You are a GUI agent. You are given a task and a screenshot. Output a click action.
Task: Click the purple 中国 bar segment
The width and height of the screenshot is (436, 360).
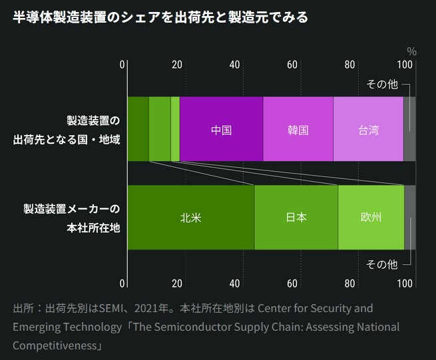tap(221, 129)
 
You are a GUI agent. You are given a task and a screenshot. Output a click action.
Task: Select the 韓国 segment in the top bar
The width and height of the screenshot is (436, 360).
tap(298, 129)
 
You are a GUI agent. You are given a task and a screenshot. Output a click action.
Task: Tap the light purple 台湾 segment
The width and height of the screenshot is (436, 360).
tap(368, 129)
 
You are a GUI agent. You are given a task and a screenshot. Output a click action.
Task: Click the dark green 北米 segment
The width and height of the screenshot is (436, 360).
tap(190, 218)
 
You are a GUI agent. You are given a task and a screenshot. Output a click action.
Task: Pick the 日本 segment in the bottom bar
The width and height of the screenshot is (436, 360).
tap(296, 218)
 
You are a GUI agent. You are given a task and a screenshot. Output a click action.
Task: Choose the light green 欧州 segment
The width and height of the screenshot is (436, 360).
tap(371, 218)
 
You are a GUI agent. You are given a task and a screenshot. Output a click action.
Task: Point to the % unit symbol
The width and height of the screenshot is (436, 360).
tap(411, 51)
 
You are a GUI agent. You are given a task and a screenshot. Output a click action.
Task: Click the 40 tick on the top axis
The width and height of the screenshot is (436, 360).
tap(234, 65)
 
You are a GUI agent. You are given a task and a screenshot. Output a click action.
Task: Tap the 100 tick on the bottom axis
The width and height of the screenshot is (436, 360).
tap(404, 284)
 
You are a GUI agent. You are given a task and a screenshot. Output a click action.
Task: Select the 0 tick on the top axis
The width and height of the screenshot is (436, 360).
tap(122, 65)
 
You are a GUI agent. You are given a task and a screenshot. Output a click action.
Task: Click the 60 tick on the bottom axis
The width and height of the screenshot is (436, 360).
tap(292, 284)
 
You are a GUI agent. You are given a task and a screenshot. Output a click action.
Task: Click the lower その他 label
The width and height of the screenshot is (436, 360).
tap(382, 264)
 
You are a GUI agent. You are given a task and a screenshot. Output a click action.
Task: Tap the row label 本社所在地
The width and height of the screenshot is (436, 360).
tap(93, 227)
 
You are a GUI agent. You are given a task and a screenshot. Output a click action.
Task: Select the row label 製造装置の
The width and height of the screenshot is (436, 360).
tap(93, 121)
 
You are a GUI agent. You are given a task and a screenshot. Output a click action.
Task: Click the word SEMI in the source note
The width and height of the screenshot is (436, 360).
tap(110, 309)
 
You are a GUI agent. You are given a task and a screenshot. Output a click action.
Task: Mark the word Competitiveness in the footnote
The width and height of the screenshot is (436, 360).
tap(55, 346)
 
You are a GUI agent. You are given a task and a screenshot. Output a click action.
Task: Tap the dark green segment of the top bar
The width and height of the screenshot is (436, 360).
tap(137, 129)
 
